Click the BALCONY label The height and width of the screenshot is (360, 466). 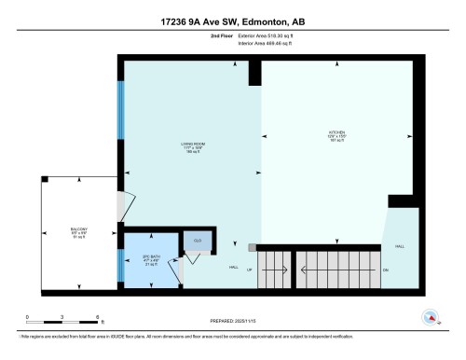pyautogui.click(x=79, y=231)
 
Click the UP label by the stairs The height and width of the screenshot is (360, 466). pyautogui.click(x=248, y=270)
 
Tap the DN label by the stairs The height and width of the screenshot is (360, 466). pyautogui.click(x=385, y=270)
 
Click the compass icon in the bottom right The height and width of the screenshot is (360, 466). pyautogui.click(x=431, y=317)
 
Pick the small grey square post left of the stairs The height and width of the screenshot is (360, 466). pyautogui.click(x=252, y=247)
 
